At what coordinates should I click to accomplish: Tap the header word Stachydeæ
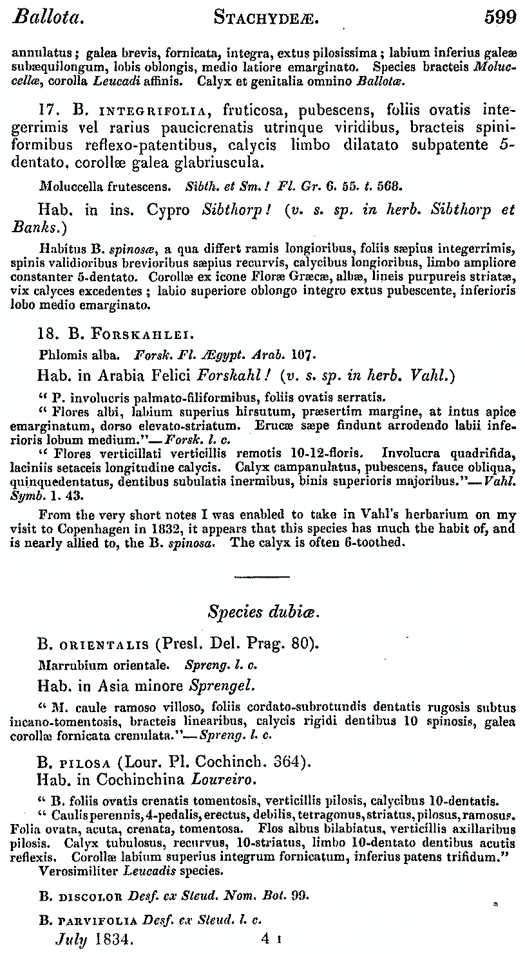click(267, 18)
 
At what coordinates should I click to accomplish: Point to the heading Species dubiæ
click(263, 612)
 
